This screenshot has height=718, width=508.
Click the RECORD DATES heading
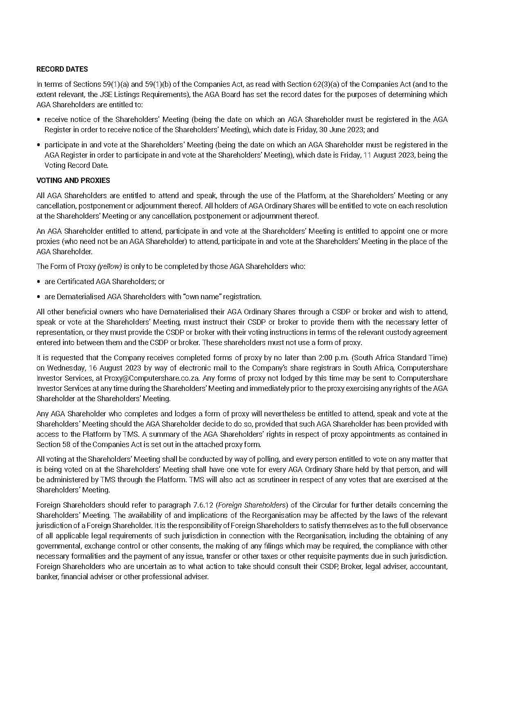pos(62,69)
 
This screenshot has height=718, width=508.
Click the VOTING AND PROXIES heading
pos(73,181)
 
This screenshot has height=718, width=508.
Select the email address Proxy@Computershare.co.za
pos(151,378)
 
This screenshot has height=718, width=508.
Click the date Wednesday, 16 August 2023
pos(87,368)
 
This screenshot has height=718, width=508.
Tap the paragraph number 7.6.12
pos(203,505)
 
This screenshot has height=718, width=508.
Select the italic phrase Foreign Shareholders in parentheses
pos(252,505)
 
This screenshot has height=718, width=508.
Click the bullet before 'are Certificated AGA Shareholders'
pos(39,282)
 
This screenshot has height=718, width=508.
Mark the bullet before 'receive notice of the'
pos(39,120)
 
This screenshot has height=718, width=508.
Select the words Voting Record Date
pos(77,165)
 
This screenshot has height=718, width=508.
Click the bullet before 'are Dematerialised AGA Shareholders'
pos(39,297)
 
